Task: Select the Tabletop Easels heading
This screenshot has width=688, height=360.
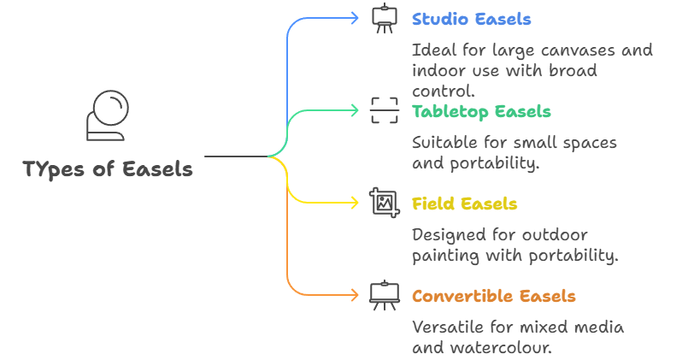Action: [481, 111]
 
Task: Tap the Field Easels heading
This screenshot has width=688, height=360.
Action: [464, 204]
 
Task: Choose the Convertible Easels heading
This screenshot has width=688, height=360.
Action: [493, 297]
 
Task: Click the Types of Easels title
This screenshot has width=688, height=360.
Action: [108, 169]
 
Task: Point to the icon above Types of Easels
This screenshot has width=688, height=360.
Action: [108, 115]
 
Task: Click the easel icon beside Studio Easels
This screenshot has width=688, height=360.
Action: [384, 20]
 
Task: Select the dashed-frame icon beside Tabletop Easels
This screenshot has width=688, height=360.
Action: [384, 110]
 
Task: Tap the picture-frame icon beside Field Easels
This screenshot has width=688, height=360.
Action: [384, 203]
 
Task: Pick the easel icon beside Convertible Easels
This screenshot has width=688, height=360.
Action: [384, 295]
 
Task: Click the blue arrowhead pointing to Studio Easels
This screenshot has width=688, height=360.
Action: [355, 18]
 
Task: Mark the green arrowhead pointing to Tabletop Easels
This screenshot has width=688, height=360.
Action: [355, 109]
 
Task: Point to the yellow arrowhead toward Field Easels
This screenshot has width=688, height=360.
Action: [355, 203]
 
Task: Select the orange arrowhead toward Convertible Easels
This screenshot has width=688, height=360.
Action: [355, 295]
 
